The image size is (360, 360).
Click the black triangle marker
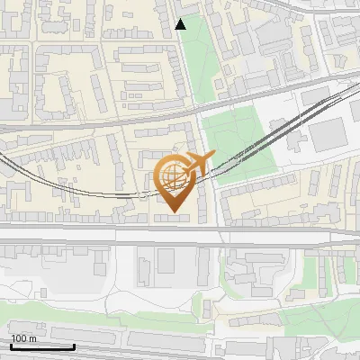(180, 24)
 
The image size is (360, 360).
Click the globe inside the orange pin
(172, 177)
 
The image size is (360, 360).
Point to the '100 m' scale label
(23, 338)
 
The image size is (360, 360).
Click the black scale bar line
(41, 346)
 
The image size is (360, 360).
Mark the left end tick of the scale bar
(10, 345)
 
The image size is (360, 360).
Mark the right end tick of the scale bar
(74, 345)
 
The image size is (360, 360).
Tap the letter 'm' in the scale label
(32, 338)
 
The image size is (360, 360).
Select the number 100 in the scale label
(19, 338)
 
